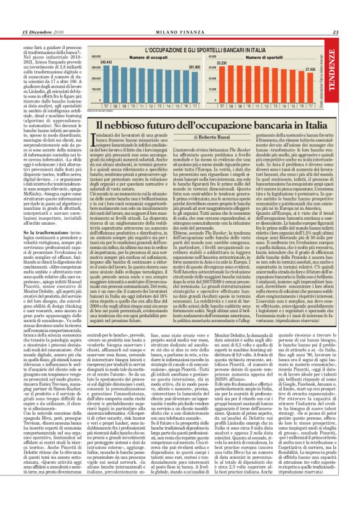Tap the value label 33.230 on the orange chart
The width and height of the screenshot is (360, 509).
(220, 63)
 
